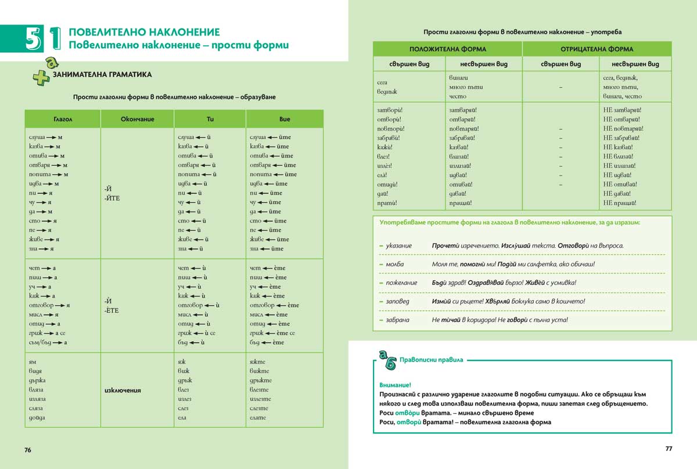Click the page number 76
pos(28,450)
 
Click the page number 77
pos(668,449)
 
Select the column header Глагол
pos(63,119)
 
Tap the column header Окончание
pos(137,119)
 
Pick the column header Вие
pos(285,119)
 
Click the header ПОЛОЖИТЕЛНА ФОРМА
pos(447,49)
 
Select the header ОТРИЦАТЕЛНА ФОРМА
pos(597,49)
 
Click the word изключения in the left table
pos(124,390)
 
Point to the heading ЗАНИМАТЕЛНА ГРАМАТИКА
pos(102,74)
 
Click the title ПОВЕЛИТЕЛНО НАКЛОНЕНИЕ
pos(144,32)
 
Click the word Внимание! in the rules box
pos(394,385)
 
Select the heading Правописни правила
pos(431,360)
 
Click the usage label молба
pos(394,264)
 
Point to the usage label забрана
pos(397,320)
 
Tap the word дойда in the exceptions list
pos(36,418)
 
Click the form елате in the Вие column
pos(257,418)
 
